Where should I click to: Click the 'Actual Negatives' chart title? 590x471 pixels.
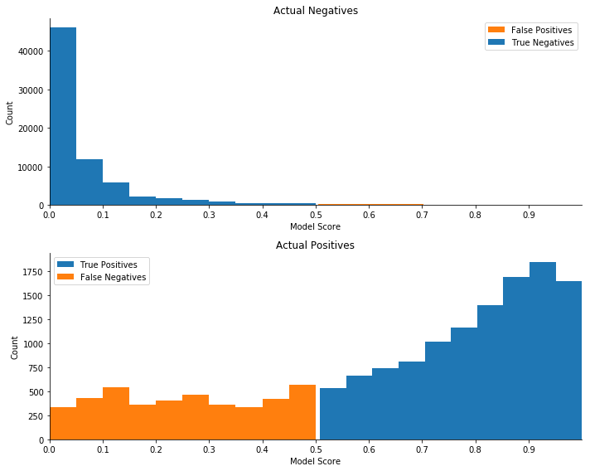click(315, 11)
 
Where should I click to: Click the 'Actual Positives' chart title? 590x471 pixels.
click(315, 245)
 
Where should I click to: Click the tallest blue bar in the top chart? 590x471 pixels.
click(63, 116)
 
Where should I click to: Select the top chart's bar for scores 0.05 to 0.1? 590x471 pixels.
click(89, 182)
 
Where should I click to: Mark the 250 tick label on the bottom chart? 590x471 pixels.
click(36, 415)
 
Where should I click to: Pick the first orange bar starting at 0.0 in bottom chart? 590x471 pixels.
click(63, 423)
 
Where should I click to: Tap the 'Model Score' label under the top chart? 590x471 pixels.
click(315, 226)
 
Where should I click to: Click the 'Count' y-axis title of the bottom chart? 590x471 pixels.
click(15, 347)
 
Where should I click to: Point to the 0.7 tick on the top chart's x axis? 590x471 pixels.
click(422, 215)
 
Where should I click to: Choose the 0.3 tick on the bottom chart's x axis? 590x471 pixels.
click(209, 449)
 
